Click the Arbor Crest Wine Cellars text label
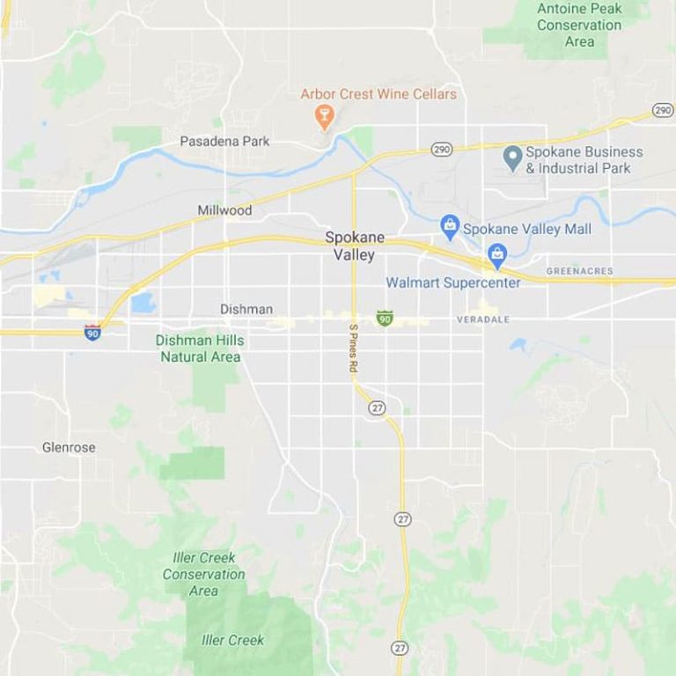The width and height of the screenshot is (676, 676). pos(378,93)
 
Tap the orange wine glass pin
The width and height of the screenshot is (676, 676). pos(324,115)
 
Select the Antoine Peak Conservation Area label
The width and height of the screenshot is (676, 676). pos(578,25)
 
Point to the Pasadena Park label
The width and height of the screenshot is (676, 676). pos(224,141)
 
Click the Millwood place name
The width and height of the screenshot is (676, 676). pos(224,210)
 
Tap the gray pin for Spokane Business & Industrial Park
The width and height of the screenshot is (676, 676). pos(512,158)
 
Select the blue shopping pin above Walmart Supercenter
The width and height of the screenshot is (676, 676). pos(497,256)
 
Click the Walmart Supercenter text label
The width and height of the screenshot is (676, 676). pos(453,283)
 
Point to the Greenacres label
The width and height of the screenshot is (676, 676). pos(579,271)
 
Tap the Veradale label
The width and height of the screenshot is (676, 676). pos(483,320)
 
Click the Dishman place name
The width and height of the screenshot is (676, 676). pos(246,309)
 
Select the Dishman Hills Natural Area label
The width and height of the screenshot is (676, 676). pos(200,349)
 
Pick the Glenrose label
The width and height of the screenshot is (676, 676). pos(69,447)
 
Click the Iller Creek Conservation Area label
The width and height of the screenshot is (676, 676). pos(204,574)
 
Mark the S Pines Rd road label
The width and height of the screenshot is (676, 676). pos(352,350)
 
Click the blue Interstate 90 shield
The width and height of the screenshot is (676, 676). pos(92,333)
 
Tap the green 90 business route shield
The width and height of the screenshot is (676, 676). pos(384,317)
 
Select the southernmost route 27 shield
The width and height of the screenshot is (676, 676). pos(400,647)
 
